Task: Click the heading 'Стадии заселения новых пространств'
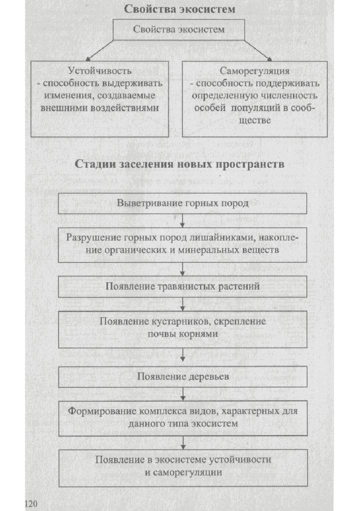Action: coord(180,164)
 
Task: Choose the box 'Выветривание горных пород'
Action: coord(182,203)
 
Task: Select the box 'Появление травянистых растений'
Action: coord(182,287)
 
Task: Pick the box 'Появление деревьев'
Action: coord(182,377)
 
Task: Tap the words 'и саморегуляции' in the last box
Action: coord(183,472)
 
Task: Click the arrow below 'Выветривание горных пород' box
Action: coord(183,221)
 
